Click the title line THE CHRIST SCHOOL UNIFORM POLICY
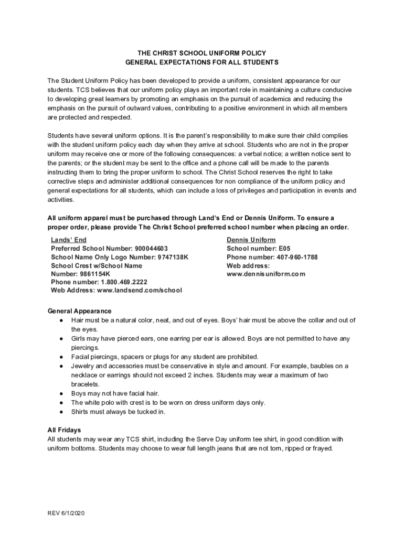[x=202, y=53]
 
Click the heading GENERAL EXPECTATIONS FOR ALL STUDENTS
[x=202, y=62]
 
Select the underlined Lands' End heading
[x=69, y=240]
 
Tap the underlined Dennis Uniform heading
[x=251, y=240]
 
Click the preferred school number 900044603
[x=151, y=248]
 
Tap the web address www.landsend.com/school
[x=139, y=291]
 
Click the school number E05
[x=284, y=248]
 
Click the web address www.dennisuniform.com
[x=265, y=274]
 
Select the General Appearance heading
[x=79, y=311]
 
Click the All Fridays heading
[x=64, y=430]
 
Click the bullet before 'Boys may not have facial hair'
[x=61, y=393]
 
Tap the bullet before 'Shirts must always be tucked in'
[x=61, y=412]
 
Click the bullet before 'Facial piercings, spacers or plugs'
[x=61, y=357]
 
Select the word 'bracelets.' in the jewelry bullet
[x=85, y=384]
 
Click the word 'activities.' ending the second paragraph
[x=61, y=200]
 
